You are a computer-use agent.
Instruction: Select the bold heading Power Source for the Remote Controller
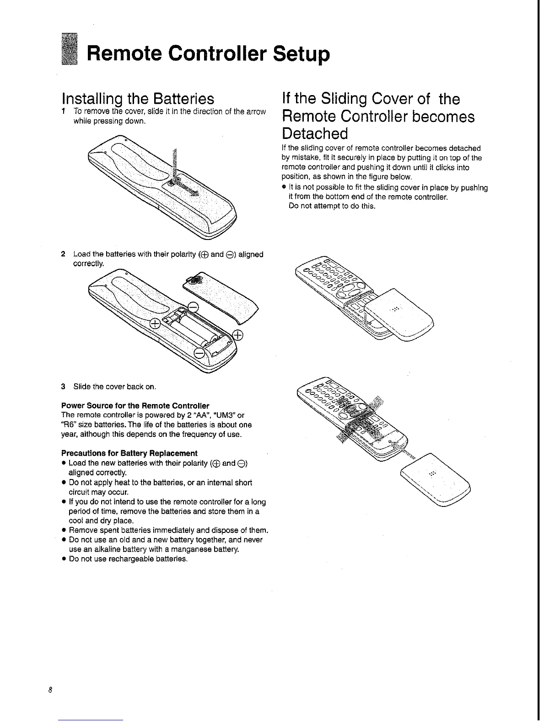coord(135,405)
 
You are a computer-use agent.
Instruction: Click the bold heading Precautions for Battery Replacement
coord(129,453)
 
